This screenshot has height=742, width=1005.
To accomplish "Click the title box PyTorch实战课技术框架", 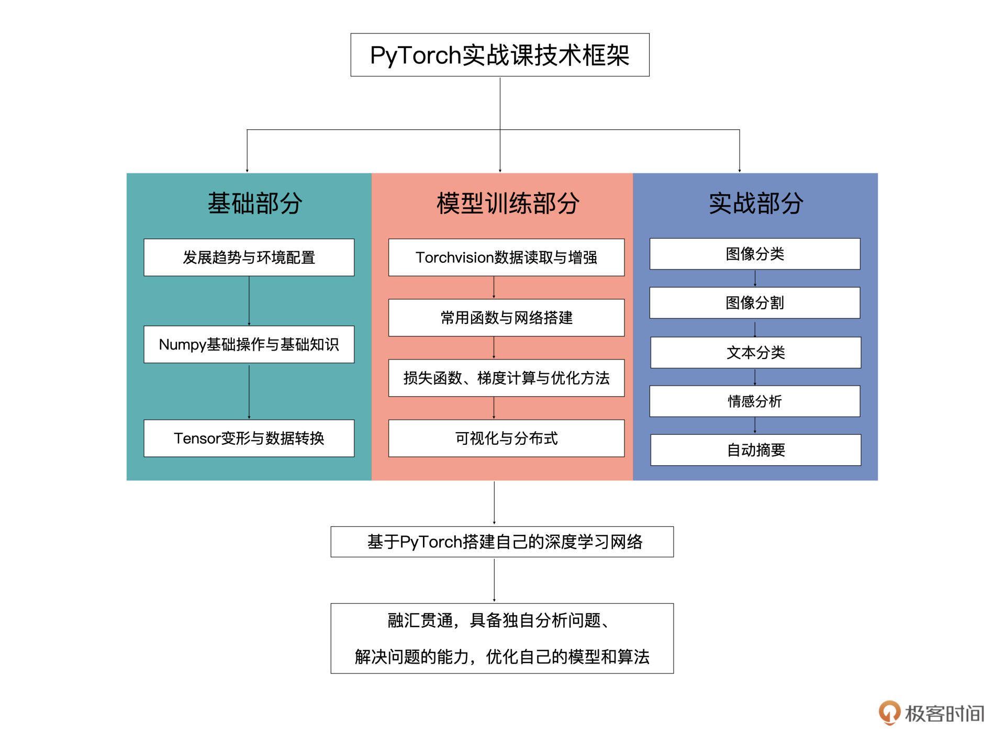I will click(499, 55).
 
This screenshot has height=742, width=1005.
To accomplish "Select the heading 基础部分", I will click(255, 203).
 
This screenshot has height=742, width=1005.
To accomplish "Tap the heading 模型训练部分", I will click(508, 203).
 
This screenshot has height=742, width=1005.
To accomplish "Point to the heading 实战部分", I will click(755, 203).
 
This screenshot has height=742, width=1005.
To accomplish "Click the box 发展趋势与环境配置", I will click(249, 257).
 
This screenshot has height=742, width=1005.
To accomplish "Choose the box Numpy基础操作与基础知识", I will click(249, 344).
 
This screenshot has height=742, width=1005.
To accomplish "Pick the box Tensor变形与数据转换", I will click(249, 438).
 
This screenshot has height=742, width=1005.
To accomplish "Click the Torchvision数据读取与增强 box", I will click(506, 257).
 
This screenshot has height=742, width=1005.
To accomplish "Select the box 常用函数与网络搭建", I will click(506, 318).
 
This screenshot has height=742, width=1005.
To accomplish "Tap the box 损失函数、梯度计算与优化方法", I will click(506, 378).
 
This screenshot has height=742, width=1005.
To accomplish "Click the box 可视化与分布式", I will click(506, 438).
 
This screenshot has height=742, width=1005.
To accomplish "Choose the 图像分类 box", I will click(755, 254).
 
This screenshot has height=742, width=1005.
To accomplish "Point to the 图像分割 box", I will click(755, 302).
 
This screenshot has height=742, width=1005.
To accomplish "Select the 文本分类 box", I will click(755, 352).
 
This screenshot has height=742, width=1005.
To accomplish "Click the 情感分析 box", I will click(755, 401).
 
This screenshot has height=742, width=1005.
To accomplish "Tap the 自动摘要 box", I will click(755, 450).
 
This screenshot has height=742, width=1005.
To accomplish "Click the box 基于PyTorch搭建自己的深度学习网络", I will click(502, 542).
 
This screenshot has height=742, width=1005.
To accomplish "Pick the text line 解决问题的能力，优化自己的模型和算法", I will click(502, 656).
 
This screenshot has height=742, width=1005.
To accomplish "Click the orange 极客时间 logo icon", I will click(889, 713).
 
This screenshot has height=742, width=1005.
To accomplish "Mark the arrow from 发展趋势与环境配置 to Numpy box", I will click(249, 301).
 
